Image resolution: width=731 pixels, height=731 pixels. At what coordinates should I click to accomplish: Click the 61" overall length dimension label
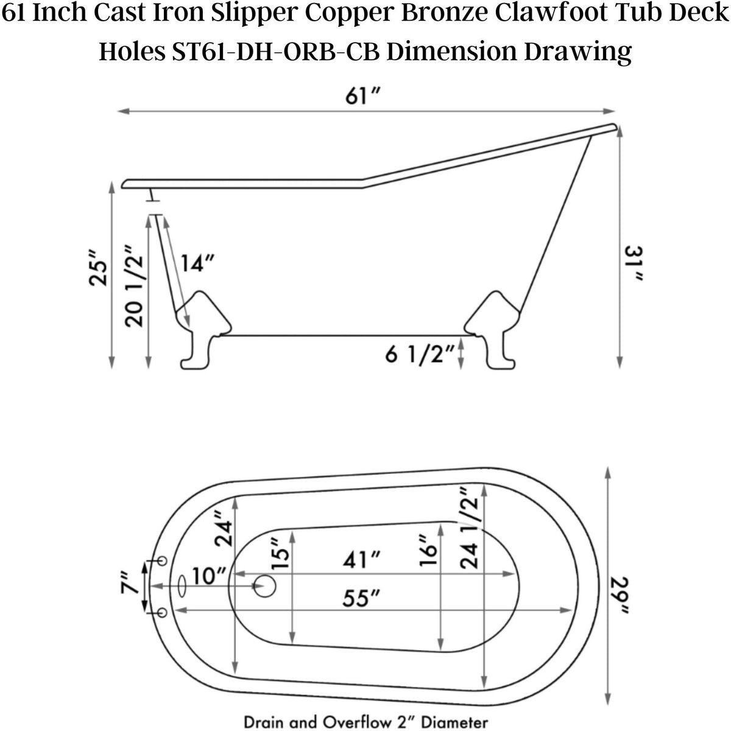tap(363, 96)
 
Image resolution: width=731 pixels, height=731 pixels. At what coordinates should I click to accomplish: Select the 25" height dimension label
tap(97, 267)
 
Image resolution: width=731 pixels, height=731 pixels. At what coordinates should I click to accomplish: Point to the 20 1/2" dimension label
tap(135, 286)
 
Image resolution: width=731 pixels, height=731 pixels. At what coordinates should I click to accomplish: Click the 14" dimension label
tap(197, 263)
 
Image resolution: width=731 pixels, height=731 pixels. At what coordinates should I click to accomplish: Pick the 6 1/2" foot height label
tap(420, 354)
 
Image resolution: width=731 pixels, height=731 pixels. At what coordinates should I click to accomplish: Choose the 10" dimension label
tap(209, 575)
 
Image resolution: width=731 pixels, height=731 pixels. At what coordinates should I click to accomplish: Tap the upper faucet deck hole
tap(161, 560)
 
